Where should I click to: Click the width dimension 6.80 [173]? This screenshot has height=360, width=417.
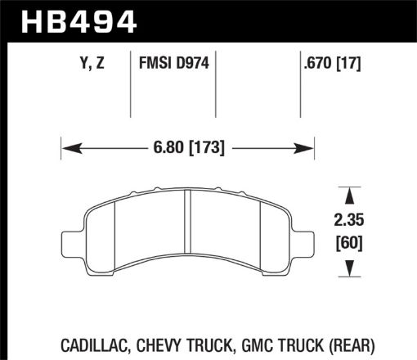coord(188,148)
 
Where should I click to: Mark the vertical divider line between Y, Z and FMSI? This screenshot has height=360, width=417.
coord(132,86)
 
